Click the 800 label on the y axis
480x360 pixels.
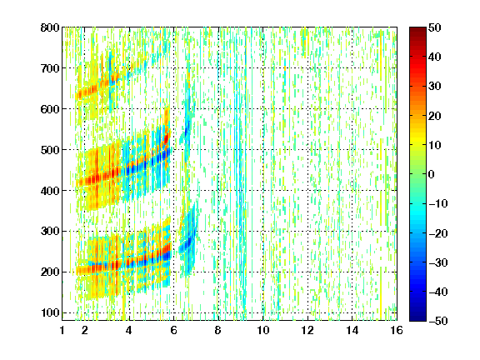[50, 27]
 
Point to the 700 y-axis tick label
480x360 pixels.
[50, 68]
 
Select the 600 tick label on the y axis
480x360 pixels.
[50, 109]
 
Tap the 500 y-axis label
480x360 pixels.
[50, 150]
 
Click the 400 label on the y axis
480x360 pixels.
[50, 191]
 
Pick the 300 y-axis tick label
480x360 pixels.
[50, 231]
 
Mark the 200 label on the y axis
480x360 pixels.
[50, 272]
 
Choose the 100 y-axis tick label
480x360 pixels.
[50, 312]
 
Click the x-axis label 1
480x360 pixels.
[62, 330]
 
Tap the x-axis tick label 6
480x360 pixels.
[174, 330]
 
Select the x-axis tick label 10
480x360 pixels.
[263, 330]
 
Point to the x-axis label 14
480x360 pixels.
[352, 330]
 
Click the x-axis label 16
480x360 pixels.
[397, 330]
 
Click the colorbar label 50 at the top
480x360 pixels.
[435, 27]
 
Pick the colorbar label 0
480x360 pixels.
[432, 174]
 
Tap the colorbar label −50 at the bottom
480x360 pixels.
[438, 321]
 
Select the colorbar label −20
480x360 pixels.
[438, 233]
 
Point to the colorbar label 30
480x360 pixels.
[435, 87]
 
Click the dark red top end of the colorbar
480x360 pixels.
[417, 30]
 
